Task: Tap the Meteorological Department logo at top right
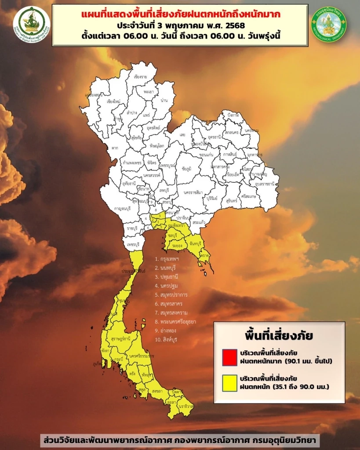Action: (x=328, y=24)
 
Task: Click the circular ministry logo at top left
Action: (x=32, y=24)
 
